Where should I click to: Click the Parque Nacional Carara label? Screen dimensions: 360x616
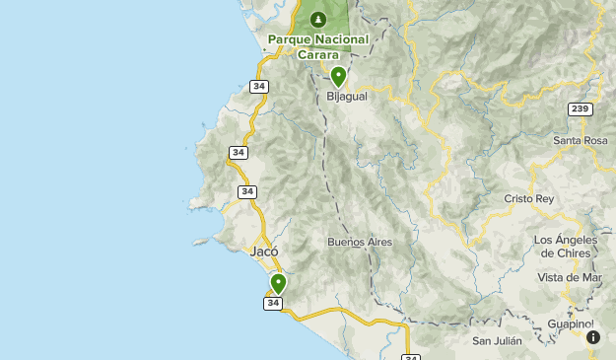(318, 46)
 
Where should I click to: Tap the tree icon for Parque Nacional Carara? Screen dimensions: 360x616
(318, 20)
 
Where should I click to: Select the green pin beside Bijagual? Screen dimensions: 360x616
(338, 76)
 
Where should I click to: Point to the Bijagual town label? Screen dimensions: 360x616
(345, 97)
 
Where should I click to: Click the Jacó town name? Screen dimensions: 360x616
(264, 252)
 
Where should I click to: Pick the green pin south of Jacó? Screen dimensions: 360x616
(278, 284)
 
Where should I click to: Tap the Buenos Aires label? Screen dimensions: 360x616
(360, 242)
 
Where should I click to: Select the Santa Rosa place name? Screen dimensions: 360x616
(581, 140)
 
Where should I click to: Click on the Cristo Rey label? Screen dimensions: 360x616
(531, 198)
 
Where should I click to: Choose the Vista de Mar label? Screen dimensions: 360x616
(570, 277)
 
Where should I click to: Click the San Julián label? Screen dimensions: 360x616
(496, 341)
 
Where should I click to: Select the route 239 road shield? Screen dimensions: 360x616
(581, 108)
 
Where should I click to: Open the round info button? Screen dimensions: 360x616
(593, 337)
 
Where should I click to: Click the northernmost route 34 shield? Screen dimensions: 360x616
(259, 87)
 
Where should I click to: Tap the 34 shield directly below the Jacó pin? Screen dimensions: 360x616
(273, 303)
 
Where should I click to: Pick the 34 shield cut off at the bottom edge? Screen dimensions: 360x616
(412, 356)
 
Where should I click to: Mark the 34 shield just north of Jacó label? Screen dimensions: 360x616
(246, 191)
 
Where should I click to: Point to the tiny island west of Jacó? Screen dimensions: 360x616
(201, 241)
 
